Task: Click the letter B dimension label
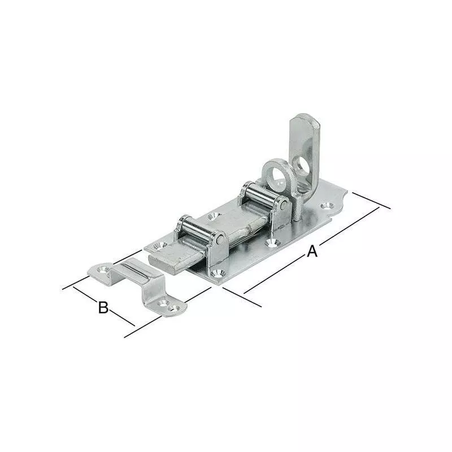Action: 103,307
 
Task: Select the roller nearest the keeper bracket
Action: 199,231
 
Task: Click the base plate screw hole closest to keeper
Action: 158,246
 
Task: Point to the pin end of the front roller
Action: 220,241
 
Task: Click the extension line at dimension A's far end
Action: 371,201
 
